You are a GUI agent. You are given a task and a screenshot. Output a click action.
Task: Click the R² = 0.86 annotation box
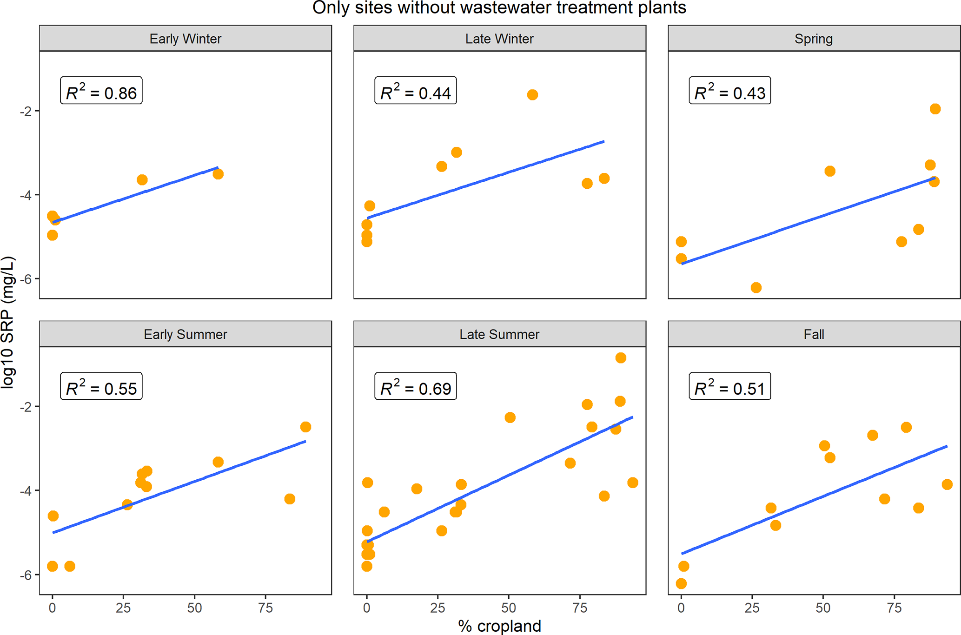(101, 91)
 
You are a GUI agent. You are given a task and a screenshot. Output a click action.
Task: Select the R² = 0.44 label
(415, 91)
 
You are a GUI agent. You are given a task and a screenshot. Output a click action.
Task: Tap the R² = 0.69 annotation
(415, 386)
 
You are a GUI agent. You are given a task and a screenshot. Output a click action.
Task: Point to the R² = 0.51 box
(729, 386)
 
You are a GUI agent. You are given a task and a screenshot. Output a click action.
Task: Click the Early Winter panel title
(185, 39)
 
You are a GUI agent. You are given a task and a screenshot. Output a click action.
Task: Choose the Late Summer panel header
(499, 334)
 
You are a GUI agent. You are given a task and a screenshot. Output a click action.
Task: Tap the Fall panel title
(814, 334)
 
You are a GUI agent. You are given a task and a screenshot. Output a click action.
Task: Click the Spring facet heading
(814, 39)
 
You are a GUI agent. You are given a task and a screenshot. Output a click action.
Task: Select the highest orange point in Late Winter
(532, 95)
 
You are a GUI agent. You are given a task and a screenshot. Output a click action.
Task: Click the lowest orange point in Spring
(756, 288)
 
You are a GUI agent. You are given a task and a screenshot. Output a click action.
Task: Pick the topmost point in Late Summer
(621, 358)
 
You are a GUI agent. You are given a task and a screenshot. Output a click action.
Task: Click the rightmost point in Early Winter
(218, 174)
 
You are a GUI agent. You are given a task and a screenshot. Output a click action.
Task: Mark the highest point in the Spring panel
(935, 109)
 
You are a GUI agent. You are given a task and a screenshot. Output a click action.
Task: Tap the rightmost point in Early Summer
(305, 427)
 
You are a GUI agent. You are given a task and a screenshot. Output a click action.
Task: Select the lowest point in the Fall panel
(681, 584)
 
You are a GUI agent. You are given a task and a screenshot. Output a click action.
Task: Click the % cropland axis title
(499, 626)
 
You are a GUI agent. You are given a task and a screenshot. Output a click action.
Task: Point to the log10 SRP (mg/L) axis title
(8, 322)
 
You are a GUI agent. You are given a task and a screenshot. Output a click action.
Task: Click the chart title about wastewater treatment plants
(499, 8)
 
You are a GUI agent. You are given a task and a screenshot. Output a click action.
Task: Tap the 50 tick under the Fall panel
(823, 608)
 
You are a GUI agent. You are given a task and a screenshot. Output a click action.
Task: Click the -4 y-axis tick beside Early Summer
(26, 491)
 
